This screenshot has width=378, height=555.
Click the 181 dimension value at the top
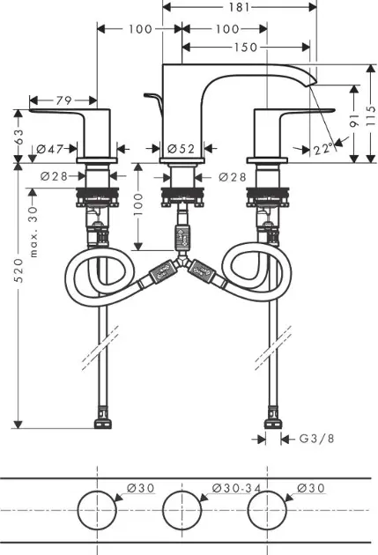pos(239,7)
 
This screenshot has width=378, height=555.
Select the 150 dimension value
pos(246,47)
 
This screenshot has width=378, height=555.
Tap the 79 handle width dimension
pos(63,100)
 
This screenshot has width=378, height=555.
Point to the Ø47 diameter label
pos(50,149)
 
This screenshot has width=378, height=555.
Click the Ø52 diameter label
pos(181,149)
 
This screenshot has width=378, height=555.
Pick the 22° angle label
pos(322,149)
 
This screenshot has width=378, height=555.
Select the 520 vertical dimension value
pos(19,270)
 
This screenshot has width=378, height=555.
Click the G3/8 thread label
pos(317,439)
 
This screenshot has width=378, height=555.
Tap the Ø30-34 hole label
pos(236,488)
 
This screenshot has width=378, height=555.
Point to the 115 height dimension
pos(371,115)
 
